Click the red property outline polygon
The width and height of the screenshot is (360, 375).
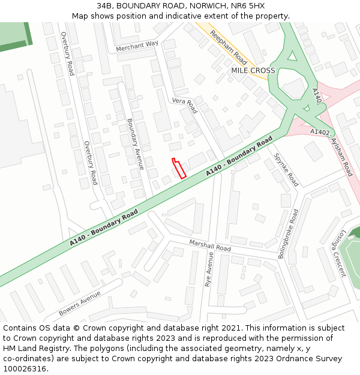coord(179,168)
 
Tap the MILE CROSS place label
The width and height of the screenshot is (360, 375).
coord(253,71)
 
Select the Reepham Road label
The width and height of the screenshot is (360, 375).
coord(229,48)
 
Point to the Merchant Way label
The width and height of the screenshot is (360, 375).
coord(137,46)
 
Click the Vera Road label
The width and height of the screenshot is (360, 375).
coord(184,105)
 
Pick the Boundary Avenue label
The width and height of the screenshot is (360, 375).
coord(135,143)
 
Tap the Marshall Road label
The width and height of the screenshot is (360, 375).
coord(210,245)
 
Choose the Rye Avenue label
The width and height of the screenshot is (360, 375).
coord(209,269)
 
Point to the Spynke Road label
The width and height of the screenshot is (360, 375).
coord(286,169)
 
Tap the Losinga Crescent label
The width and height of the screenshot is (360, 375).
coord(335,252)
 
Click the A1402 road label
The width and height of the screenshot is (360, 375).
coord(320,132)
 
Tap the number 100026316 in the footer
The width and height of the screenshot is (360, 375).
coord(25,368)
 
